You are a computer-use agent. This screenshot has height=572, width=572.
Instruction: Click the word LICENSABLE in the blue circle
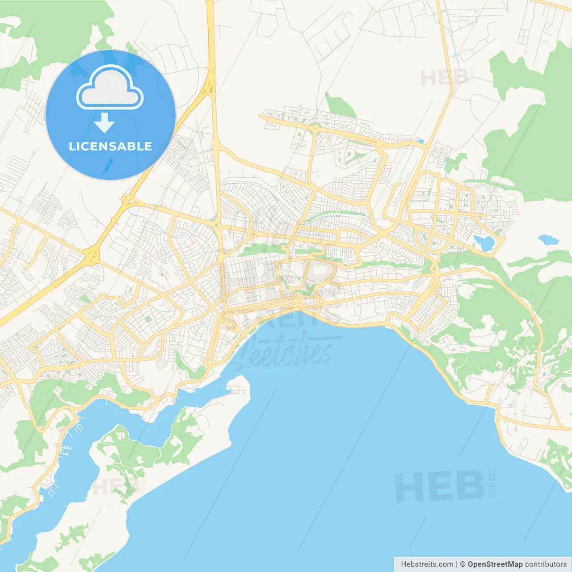(x=110, y=146)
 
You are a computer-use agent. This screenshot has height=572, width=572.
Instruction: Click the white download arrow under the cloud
(x=105, y=123)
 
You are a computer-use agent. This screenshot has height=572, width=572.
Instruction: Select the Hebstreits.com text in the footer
(x=427, y=564)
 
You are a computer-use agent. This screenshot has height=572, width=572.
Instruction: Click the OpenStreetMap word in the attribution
(x=495, y=564)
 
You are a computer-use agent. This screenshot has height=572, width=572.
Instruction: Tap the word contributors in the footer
(x=545, y=564)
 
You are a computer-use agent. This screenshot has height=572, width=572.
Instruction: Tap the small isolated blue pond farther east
(x=548, y=240)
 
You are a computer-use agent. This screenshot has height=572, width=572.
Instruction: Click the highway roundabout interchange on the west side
(x=93, y=255)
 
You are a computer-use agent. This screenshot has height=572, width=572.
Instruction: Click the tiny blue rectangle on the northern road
(x=421, y=141)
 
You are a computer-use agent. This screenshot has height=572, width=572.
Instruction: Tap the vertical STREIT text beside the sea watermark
(x=492, y=483)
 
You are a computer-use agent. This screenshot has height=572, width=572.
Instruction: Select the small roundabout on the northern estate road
(x=315, y=129)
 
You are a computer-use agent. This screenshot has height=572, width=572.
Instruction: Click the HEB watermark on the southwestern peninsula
(x=115, y=486)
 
